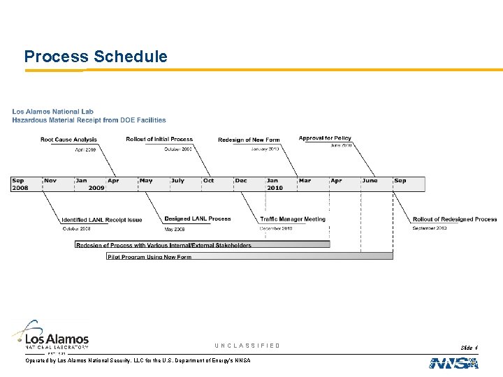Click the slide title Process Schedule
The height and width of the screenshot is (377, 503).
pyautogui.click(x=96, y=57)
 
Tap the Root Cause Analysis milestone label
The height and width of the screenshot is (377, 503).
pyautogui.click(x=68, y=140)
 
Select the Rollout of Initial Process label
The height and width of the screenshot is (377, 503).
pyautogui.click(x=159, y=140)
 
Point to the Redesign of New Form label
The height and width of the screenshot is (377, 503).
pyautogui.click(x=249, y=140)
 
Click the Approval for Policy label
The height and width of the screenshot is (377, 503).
pyautogui.click(x=325, y=138)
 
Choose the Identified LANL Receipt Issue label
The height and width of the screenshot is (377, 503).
pyautogui.click(x=101, y=220)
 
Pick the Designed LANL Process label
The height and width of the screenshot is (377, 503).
pyautogui.click(x=198, y=219)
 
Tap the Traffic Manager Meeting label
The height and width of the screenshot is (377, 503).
pyautogui.click(x=293, y=219)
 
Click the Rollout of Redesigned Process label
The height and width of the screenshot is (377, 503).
pyautogui.click(x=455, y=219)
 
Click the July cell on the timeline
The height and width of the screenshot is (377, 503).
pyautogui.click(x=185, y=184)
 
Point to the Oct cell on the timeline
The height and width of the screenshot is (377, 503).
pyautogui.click(x=217, y=184)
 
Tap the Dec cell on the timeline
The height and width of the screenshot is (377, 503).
pyautogui.click(x=249, y=184)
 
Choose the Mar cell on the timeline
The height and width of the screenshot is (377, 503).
pyautogui.click(x=312, y=184)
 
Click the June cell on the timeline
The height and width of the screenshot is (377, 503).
pyautogui.click(x=376, y=184)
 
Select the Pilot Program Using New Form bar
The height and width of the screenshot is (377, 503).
pyautogui.click(x=249, y=256)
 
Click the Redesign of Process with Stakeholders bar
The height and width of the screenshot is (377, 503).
pyautogui.click(x=203, y=245)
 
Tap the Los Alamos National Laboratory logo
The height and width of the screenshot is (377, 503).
pyautogui.click(x=50, y=334)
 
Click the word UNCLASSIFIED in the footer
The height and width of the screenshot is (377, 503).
pyautogui.click(x=247, y=346)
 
